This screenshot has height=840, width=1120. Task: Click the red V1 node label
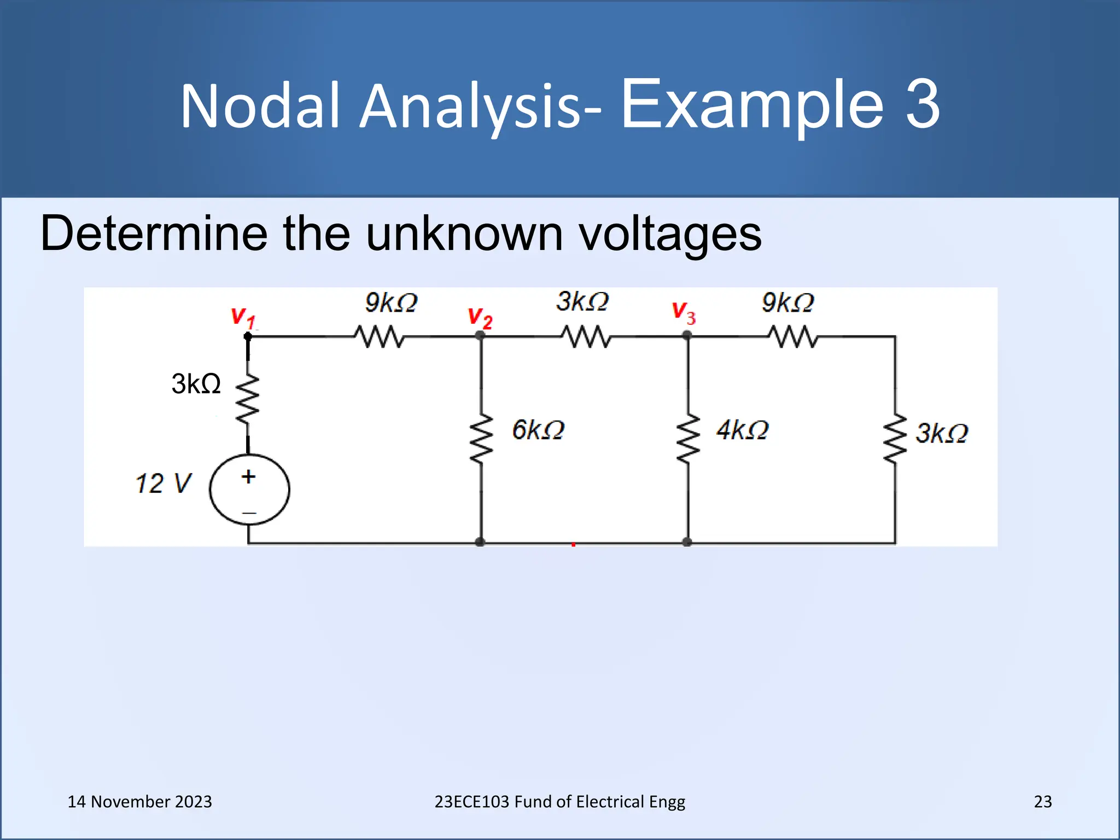[x=243, y=317]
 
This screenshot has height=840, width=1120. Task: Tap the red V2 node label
[x=480, y=318]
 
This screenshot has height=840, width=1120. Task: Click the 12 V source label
[x=163, y=483]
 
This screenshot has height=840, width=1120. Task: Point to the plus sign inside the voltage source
[x=249, y=476]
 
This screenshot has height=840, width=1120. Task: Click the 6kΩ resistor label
[x=538, y=430]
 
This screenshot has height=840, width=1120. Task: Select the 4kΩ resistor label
[x=742, y=430]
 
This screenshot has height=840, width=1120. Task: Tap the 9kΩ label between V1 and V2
[x=391, y=302]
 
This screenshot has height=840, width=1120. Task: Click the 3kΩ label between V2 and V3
[x=582, y=301]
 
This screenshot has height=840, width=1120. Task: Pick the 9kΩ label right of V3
[x=787, y=302]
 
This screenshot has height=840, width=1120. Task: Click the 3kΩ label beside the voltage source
[x=196, y=383]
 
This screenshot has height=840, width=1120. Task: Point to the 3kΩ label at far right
[x=942, y=433]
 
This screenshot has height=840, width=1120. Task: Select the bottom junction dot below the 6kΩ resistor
[x=480, y=542]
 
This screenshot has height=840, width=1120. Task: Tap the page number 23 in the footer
[x=1042, y=801]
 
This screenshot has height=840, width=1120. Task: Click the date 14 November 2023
[x=139, y=801]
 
